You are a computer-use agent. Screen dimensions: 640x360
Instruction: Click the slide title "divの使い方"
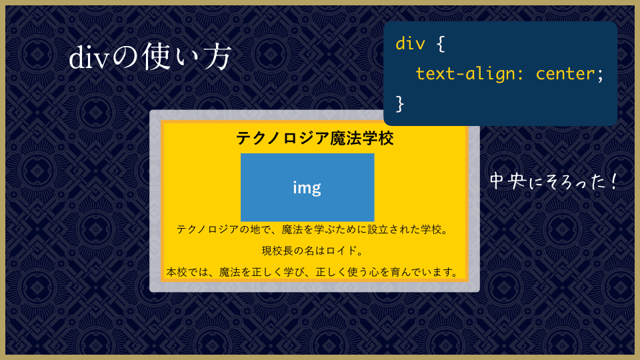pyautogui.click(x=150, y=57)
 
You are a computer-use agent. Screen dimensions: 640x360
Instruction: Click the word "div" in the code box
pyautogui.click(x=410, y=43)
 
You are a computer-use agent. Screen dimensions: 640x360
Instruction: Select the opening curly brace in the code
pyautogui.click(x=441, y=44)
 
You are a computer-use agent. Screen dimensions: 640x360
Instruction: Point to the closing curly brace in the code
pyautogui.click(x=400, y=104)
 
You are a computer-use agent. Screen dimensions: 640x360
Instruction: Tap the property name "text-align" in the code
pyautogui.click(x=465, y=74)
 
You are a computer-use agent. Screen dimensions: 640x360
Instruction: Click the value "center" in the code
pyautogui.click(x=565, y=74)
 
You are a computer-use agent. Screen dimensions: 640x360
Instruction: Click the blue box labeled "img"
pyautogui.click(x=307, y=187)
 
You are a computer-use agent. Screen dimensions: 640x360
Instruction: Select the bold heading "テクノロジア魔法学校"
pyautogui.click(x=315, y=139)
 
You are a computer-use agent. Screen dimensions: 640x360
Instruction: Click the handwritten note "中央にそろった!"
pyautogui.click(x=553, y=181)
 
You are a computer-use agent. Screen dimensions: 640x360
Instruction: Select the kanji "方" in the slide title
pyautogui.click(x=217, y=57)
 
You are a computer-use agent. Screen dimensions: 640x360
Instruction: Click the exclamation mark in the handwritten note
pyautogui.click(x=614, y=181)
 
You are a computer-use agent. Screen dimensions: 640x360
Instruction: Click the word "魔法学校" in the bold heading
pyautogui.click(x=362, y=139)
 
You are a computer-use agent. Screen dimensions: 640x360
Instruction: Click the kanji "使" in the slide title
pyautogui.click(x=155, y=57)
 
